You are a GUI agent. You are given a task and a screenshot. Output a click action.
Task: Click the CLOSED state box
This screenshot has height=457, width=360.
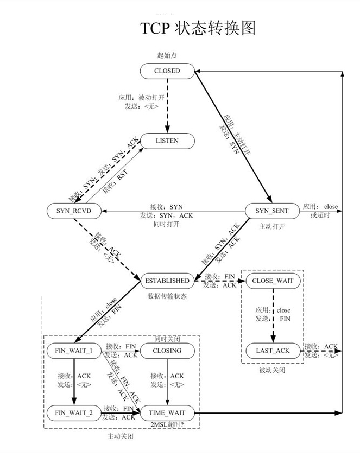167,71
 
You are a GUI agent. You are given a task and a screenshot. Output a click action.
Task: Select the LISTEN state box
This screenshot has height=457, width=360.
167,141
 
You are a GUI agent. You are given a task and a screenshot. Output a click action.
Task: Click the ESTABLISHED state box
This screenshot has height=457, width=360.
167,281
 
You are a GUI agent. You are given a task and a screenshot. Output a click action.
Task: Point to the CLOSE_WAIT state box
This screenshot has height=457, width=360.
272,281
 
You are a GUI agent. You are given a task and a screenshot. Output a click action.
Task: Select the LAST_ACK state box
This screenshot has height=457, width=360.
272,351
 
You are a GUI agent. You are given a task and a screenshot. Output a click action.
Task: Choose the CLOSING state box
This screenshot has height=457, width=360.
167,351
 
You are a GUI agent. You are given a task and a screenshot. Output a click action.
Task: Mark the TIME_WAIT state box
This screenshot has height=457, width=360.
167,413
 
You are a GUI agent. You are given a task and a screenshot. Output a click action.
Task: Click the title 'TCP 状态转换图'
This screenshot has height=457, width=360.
198,28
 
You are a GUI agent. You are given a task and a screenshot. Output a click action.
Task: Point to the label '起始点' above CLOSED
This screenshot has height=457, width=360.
167,55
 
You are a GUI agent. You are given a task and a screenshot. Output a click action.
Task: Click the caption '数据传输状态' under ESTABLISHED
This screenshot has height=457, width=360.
167,296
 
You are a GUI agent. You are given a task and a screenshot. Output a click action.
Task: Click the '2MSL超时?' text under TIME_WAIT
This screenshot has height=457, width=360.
167,424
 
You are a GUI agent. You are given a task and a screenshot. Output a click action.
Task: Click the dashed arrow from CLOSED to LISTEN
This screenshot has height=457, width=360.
167,105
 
